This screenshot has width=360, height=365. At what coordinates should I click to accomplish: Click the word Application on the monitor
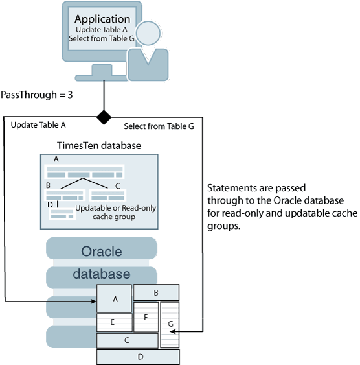[x=102, y=19]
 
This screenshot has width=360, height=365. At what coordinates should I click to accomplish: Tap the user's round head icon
[x=148, y=33]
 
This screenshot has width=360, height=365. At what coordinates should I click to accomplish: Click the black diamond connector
[x=104, y=117]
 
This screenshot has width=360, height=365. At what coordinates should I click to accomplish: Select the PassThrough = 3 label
[x=37, y=95]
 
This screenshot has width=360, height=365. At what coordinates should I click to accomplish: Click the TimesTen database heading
[x=99, y=145]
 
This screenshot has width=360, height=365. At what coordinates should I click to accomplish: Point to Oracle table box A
[x=114, y=299]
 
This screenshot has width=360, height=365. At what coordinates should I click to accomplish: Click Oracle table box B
[x=156, y=292]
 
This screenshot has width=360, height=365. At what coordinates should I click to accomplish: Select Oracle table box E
[x=115, y=323]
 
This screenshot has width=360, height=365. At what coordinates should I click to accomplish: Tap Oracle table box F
[x=146, y=317]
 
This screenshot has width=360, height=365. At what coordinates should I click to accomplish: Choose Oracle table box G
[x=170, y=325]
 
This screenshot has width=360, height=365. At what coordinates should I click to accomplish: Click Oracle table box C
[x=128, y=340]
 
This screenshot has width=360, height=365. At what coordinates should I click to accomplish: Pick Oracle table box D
[x=138, y=357]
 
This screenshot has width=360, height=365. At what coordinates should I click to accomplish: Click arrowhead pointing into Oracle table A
[x=93, y=301]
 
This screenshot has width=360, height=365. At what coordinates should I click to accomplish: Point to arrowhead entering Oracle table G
[x=173, y=331]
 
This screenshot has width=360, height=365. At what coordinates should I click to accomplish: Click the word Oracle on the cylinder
[x=102, y=252]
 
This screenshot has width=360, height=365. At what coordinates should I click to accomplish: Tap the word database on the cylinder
[x=102, y=274]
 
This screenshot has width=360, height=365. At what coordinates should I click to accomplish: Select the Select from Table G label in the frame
[x=159, y=126]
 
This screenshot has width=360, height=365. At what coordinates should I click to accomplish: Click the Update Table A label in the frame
[x=38, y=125]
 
